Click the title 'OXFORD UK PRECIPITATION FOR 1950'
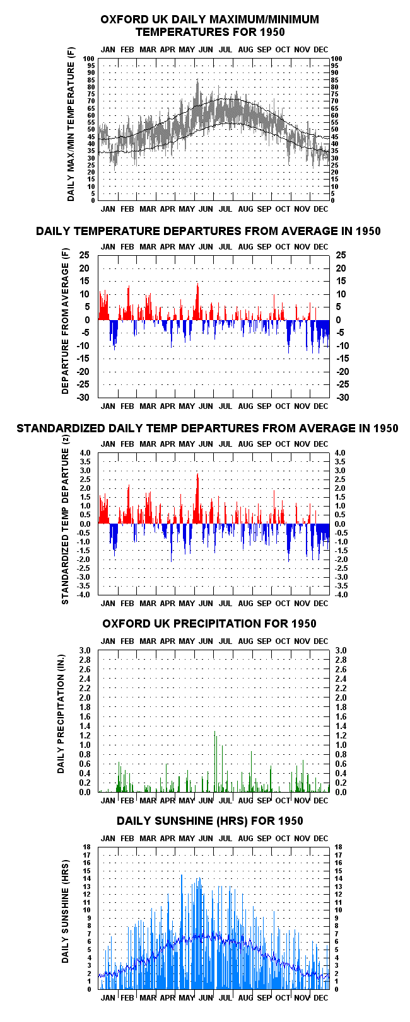(x=209, y=623)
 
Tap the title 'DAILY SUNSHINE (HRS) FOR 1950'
(x=209, y=821)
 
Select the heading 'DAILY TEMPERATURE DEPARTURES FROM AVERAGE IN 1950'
(x=208, y=231)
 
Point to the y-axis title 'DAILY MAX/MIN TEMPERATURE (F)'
(x=71, y=124)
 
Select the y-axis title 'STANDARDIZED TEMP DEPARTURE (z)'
(x=65, y=520)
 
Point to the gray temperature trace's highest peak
(x=197, y=80)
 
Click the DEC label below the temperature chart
(x=321, y=209)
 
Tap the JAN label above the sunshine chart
(x=108, y=838)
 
